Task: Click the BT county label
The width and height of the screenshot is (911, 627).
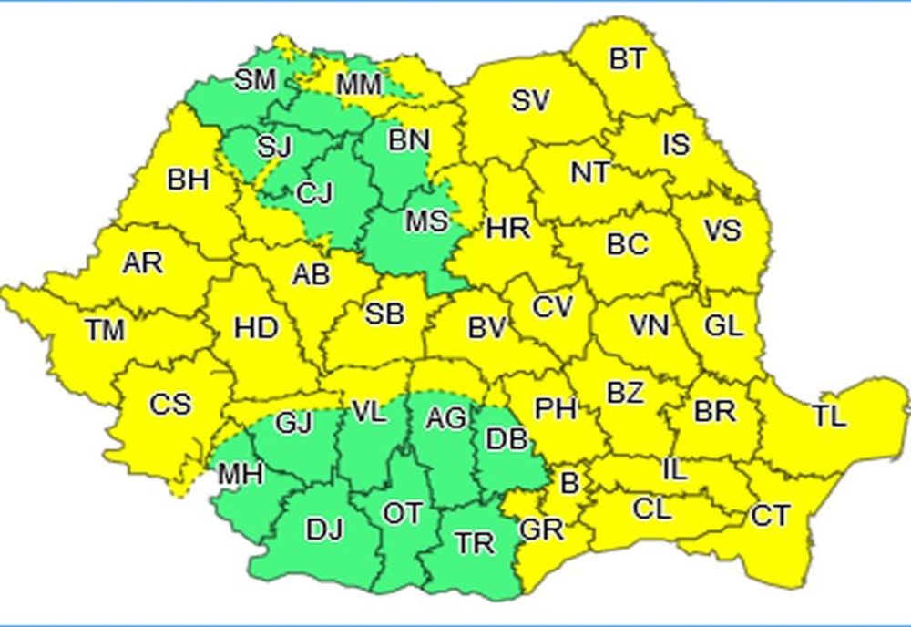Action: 627,60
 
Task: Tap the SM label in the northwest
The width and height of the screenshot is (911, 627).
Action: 255,80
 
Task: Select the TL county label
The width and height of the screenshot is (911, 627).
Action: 829,416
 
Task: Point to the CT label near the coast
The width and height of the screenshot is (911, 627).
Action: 770,516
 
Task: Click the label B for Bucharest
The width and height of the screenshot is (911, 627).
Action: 568,483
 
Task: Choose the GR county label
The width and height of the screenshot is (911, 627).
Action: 541,529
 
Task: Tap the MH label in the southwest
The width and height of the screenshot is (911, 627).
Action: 241,474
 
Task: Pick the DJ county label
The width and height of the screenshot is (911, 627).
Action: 323,528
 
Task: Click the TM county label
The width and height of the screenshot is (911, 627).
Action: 106,331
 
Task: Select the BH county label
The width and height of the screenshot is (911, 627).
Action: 188,180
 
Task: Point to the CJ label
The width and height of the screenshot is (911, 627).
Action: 315,193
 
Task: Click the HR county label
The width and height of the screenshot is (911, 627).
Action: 508,227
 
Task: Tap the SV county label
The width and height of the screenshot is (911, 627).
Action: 529,99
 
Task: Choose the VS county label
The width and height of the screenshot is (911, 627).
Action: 722,230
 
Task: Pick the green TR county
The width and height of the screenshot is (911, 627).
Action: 476,543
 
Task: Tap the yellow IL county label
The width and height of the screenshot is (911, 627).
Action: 673,470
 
